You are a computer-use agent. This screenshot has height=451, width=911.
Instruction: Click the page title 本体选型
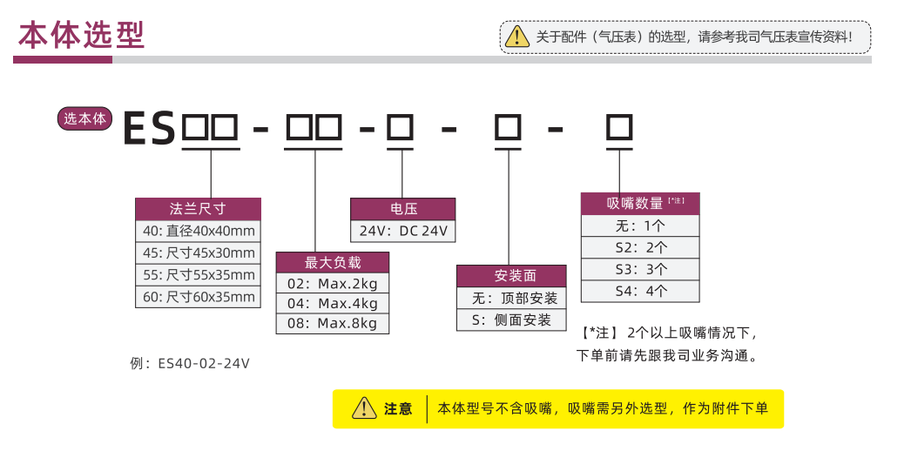(x=82, y=36)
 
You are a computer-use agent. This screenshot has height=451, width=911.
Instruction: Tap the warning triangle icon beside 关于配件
(x=517, y=37)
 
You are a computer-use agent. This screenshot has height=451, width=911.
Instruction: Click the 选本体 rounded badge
(x=85, y=119)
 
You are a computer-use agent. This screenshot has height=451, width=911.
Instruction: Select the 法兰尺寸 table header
(x=198, y=209)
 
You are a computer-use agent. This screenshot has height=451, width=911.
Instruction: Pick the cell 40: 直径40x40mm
(x=198, y=231)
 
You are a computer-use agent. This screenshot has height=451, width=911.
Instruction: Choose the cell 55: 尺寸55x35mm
(x=198, y=275)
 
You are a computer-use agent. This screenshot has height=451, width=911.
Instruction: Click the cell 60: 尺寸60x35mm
(x=198, y=297)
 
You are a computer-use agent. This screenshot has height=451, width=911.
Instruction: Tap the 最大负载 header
(x=332, y=263)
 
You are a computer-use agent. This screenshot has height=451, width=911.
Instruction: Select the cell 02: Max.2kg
(x=332, y=283)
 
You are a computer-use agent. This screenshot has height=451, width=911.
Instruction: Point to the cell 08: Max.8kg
(x=332, y=324)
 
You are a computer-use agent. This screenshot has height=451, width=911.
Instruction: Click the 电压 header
(x=402, y=209)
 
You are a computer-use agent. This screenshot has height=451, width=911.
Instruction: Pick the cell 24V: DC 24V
(x=402, y=231)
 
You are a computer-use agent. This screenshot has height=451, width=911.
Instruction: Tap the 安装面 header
(x=511, y=276)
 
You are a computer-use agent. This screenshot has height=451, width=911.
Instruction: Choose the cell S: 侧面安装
(x=511, y=320)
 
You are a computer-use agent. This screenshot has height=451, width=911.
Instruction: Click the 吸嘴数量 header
(x=640, y=204)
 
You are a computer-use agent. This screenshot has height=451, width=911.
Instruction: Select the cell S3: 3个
(x=640, y=269)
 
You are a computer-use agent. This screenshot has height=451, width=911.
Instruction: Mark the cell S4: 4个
(x=640, y=291)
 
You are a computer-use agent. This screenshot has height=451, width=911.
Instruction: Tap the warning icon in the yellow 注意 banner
(x=363, y=408)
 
